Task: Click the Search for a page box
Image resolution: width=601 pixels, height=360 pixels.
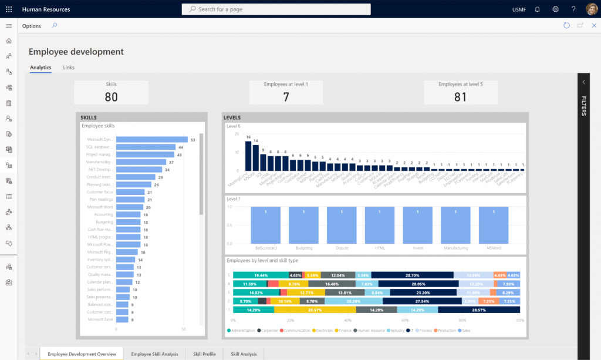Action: tap(276, 9)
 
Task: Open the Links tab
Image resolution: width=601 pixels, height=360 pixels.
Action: tap(69, 68)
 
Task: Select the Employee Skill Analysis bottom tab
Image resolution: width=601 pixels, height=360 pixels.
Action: tap(154, 354)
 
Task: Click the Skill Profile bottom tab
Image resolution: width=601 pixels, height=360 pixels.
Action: tap(204, 354)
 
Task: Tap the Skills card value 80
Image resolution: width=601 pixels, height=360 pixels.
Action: tap(111, 97)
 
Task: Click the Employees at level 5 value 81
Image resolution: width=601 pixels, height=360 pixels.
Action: tap(461, 97)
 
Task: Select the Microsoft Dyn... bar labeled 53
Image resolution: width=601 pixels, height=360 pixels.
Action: tap(151, 140)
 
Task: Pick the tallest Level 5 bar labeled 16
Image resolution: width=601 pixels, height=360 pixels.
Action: tap(248, 156)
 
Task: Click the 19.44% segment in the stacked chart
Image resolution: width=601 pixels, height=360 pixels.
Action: tap(261, 275)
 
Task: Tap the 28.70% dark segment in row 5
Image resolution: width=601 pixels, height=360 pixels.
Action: tap(412, 275)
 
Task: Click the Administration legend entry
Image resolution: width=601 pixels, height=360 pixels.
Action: tap(242, 331)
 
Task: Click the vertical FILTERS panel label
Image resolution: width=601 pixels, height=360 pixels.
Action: tap(584, 106)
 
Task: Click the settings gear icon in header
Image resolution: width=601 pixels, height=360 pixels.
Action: tap(555, 9)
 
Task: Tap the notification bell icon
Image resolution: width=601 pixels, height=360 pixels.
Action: tap(537, 9)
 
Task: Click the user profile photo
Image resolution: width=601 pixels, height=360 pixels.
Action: tap(591, 9)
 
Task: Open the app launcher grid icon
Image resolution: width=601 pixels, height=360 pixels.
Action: tap(9, 9)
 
